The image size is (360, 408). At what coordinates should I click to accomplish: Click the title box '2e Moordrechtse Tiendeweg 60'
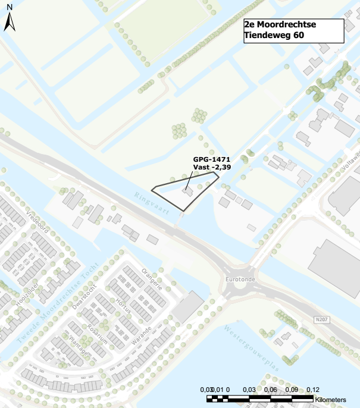pyautogui.click(x=294, y=31)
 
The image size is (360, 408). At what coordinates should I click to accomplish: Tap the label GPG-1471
pyautogui.click(x=211, y=159)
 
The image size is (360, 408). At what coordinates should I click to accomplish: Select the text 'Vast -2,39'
pyautogui.click(x=211, y=168)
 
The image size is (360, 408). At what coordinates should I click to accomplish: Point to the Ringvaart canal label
pyautogui.click(x=152, y=203)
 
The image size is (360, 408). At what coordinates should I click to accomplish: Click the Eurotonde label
pyautogui.click(x=240, y=279)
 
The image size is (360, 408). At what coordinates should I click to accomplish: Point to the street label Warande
pyautogui.click(x=141, y=322)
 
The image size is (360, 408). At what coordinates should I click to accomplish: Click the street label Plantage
pyautogui.click(x=79, y=346)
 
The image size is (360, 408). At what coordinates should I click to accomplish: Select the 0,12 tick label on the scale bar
pyautogui.click(x=312, y=389)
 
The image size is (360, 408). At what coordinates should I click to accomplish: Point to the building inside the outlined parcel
pyautogui.click(x=187, y=192)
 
